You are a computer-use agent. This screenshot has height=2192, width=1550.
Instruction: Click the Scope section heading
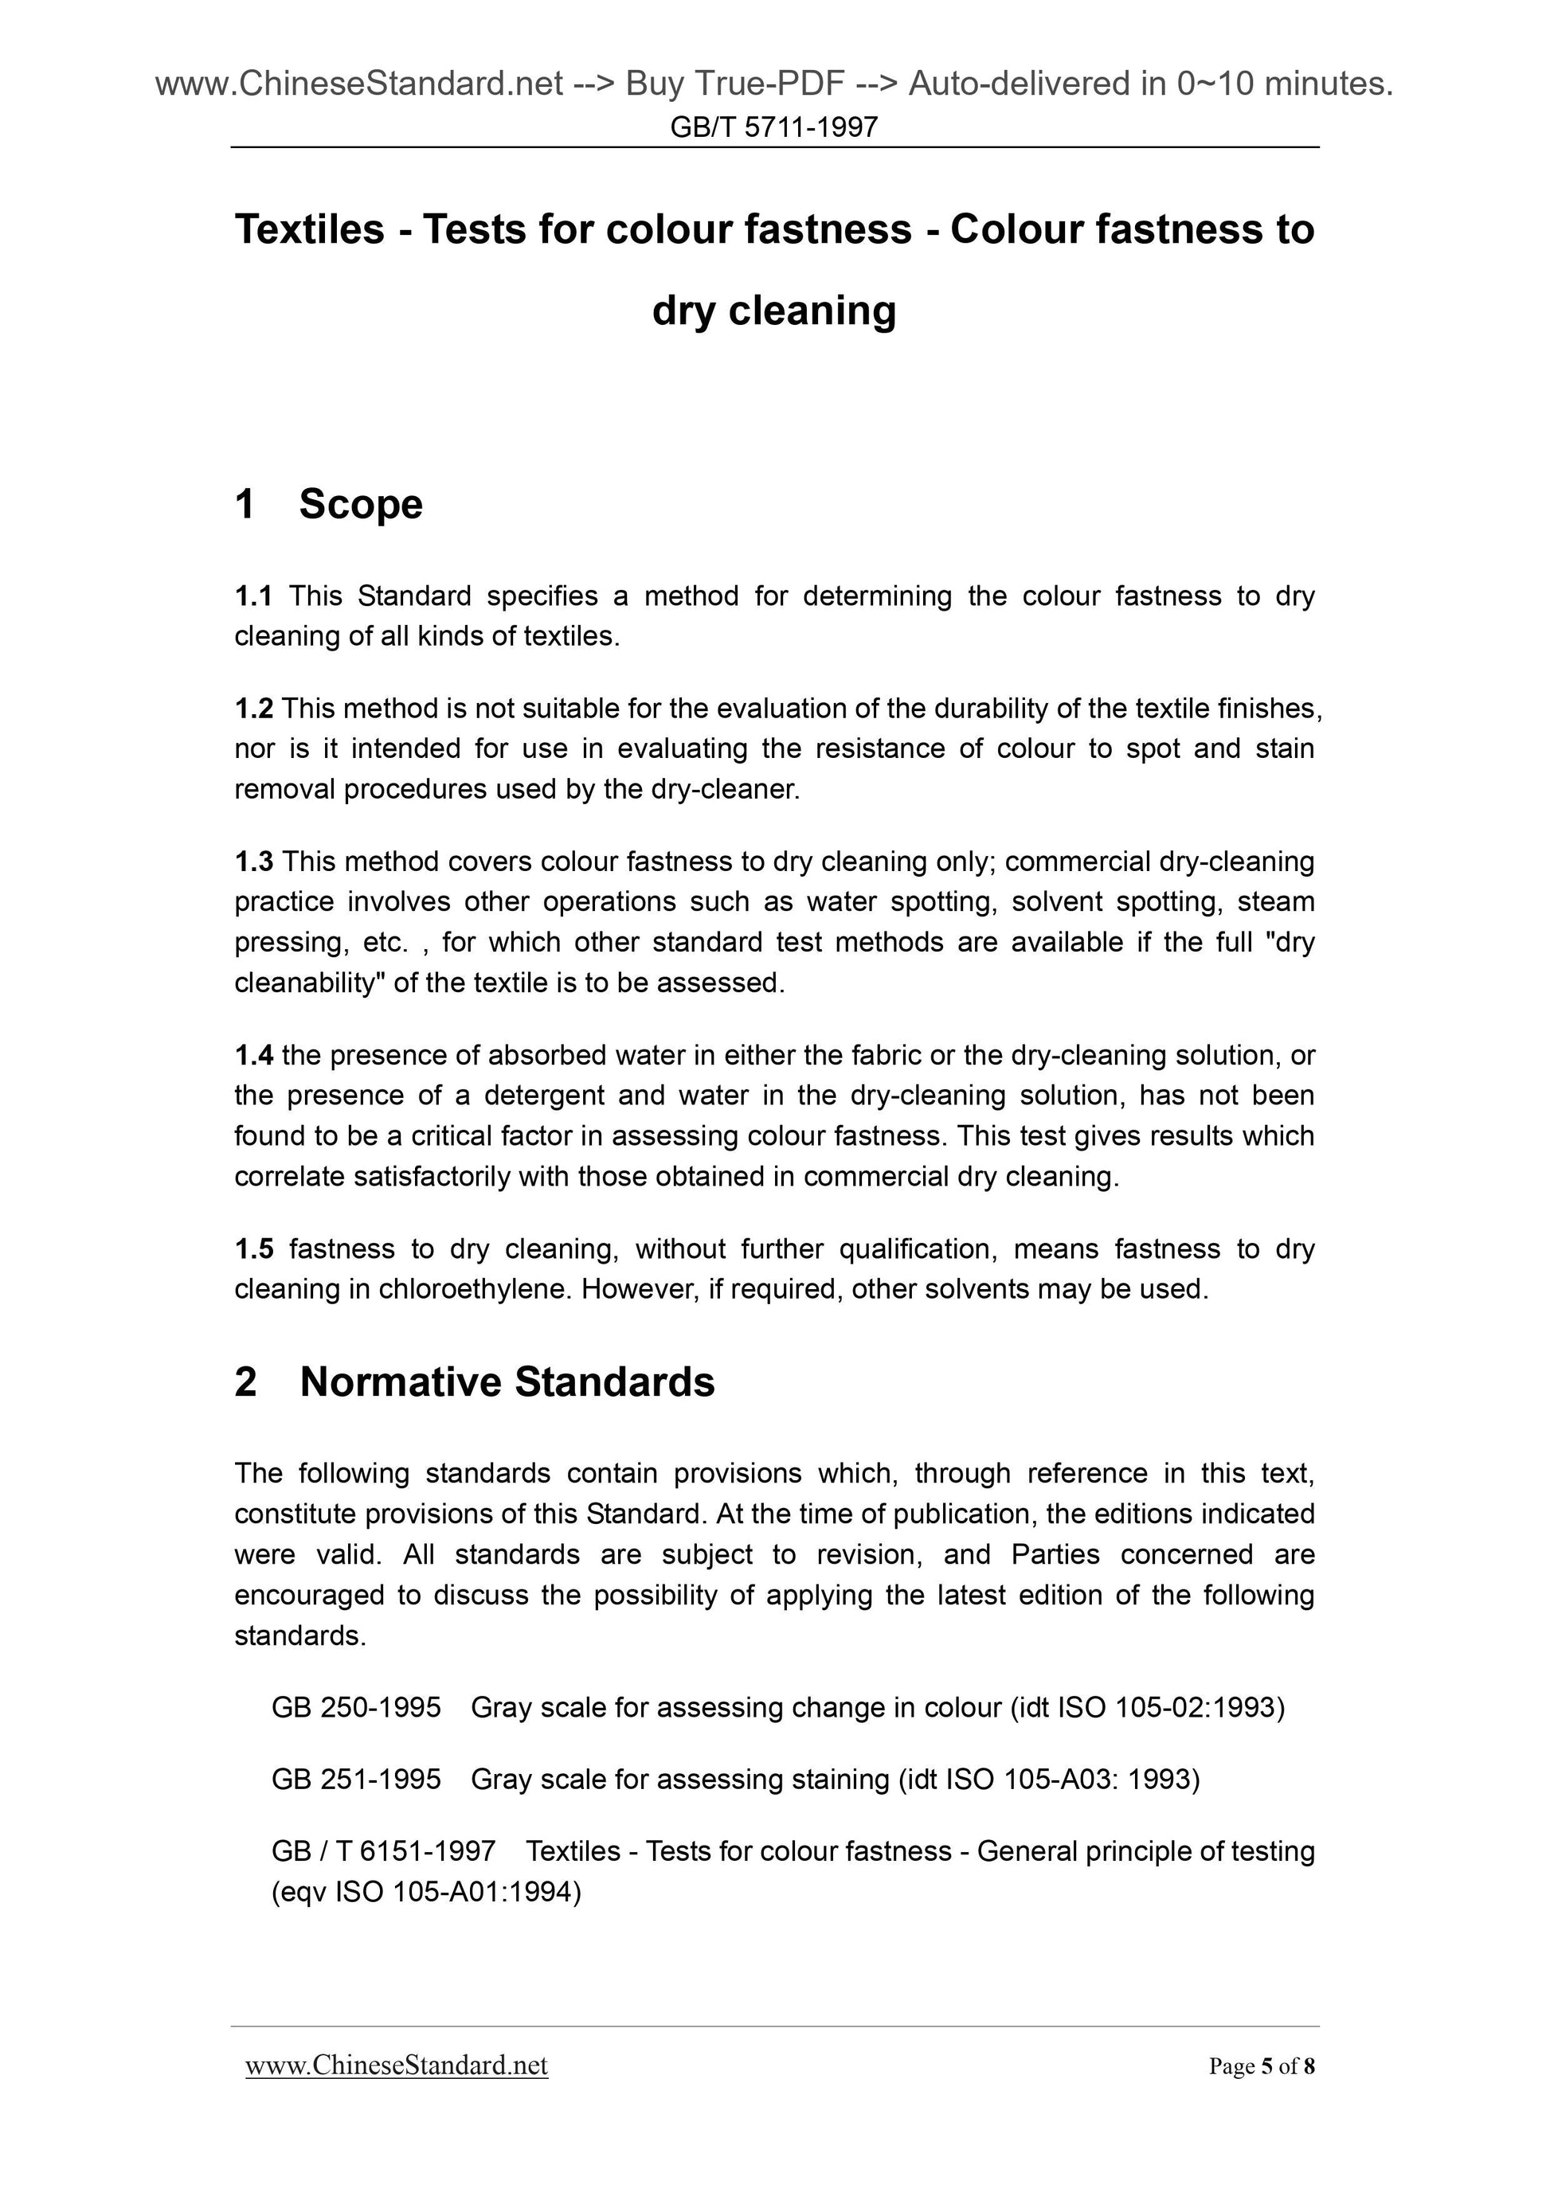(x=360, y=504)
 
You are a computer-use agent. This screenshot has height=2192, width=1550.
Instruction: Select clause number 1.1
(x=253, y=596)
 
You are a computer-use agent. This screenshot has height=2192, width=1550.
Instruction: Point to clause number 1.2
(x=253, y=709)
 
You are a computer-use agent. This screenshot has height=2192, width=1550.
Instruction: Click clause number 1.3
(x=253, y=862)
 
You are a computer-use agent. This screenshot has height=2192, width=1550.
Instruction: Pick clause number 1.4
(x=253, y=1055)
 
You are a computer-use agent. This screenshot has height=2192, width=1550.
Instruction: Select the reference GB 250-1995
(x=356, y=1707)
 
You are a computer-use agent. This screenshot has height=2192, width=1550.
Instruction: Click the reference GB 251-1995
(x=356, y=1779)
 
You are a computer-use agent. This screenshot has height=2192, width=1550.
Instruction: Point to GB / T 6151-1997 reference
(x=383, y=1850)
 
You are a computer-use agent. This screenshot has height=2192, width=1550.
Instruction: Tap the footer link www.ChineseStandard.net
(x=397, y=2066)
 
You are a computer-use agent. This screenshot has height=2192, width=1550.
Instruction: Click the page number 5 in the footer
(x=1266, y=2067)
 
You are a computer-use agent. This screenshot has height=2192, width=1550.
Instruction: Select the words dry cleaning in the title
(x=773, y=311)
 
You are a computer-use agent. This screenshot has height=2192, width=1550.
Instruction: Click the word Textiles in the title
(x=309, y=229)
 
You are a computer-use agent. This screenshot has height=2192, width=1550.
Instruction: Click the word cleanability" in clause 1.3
(x=308, y=983)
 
